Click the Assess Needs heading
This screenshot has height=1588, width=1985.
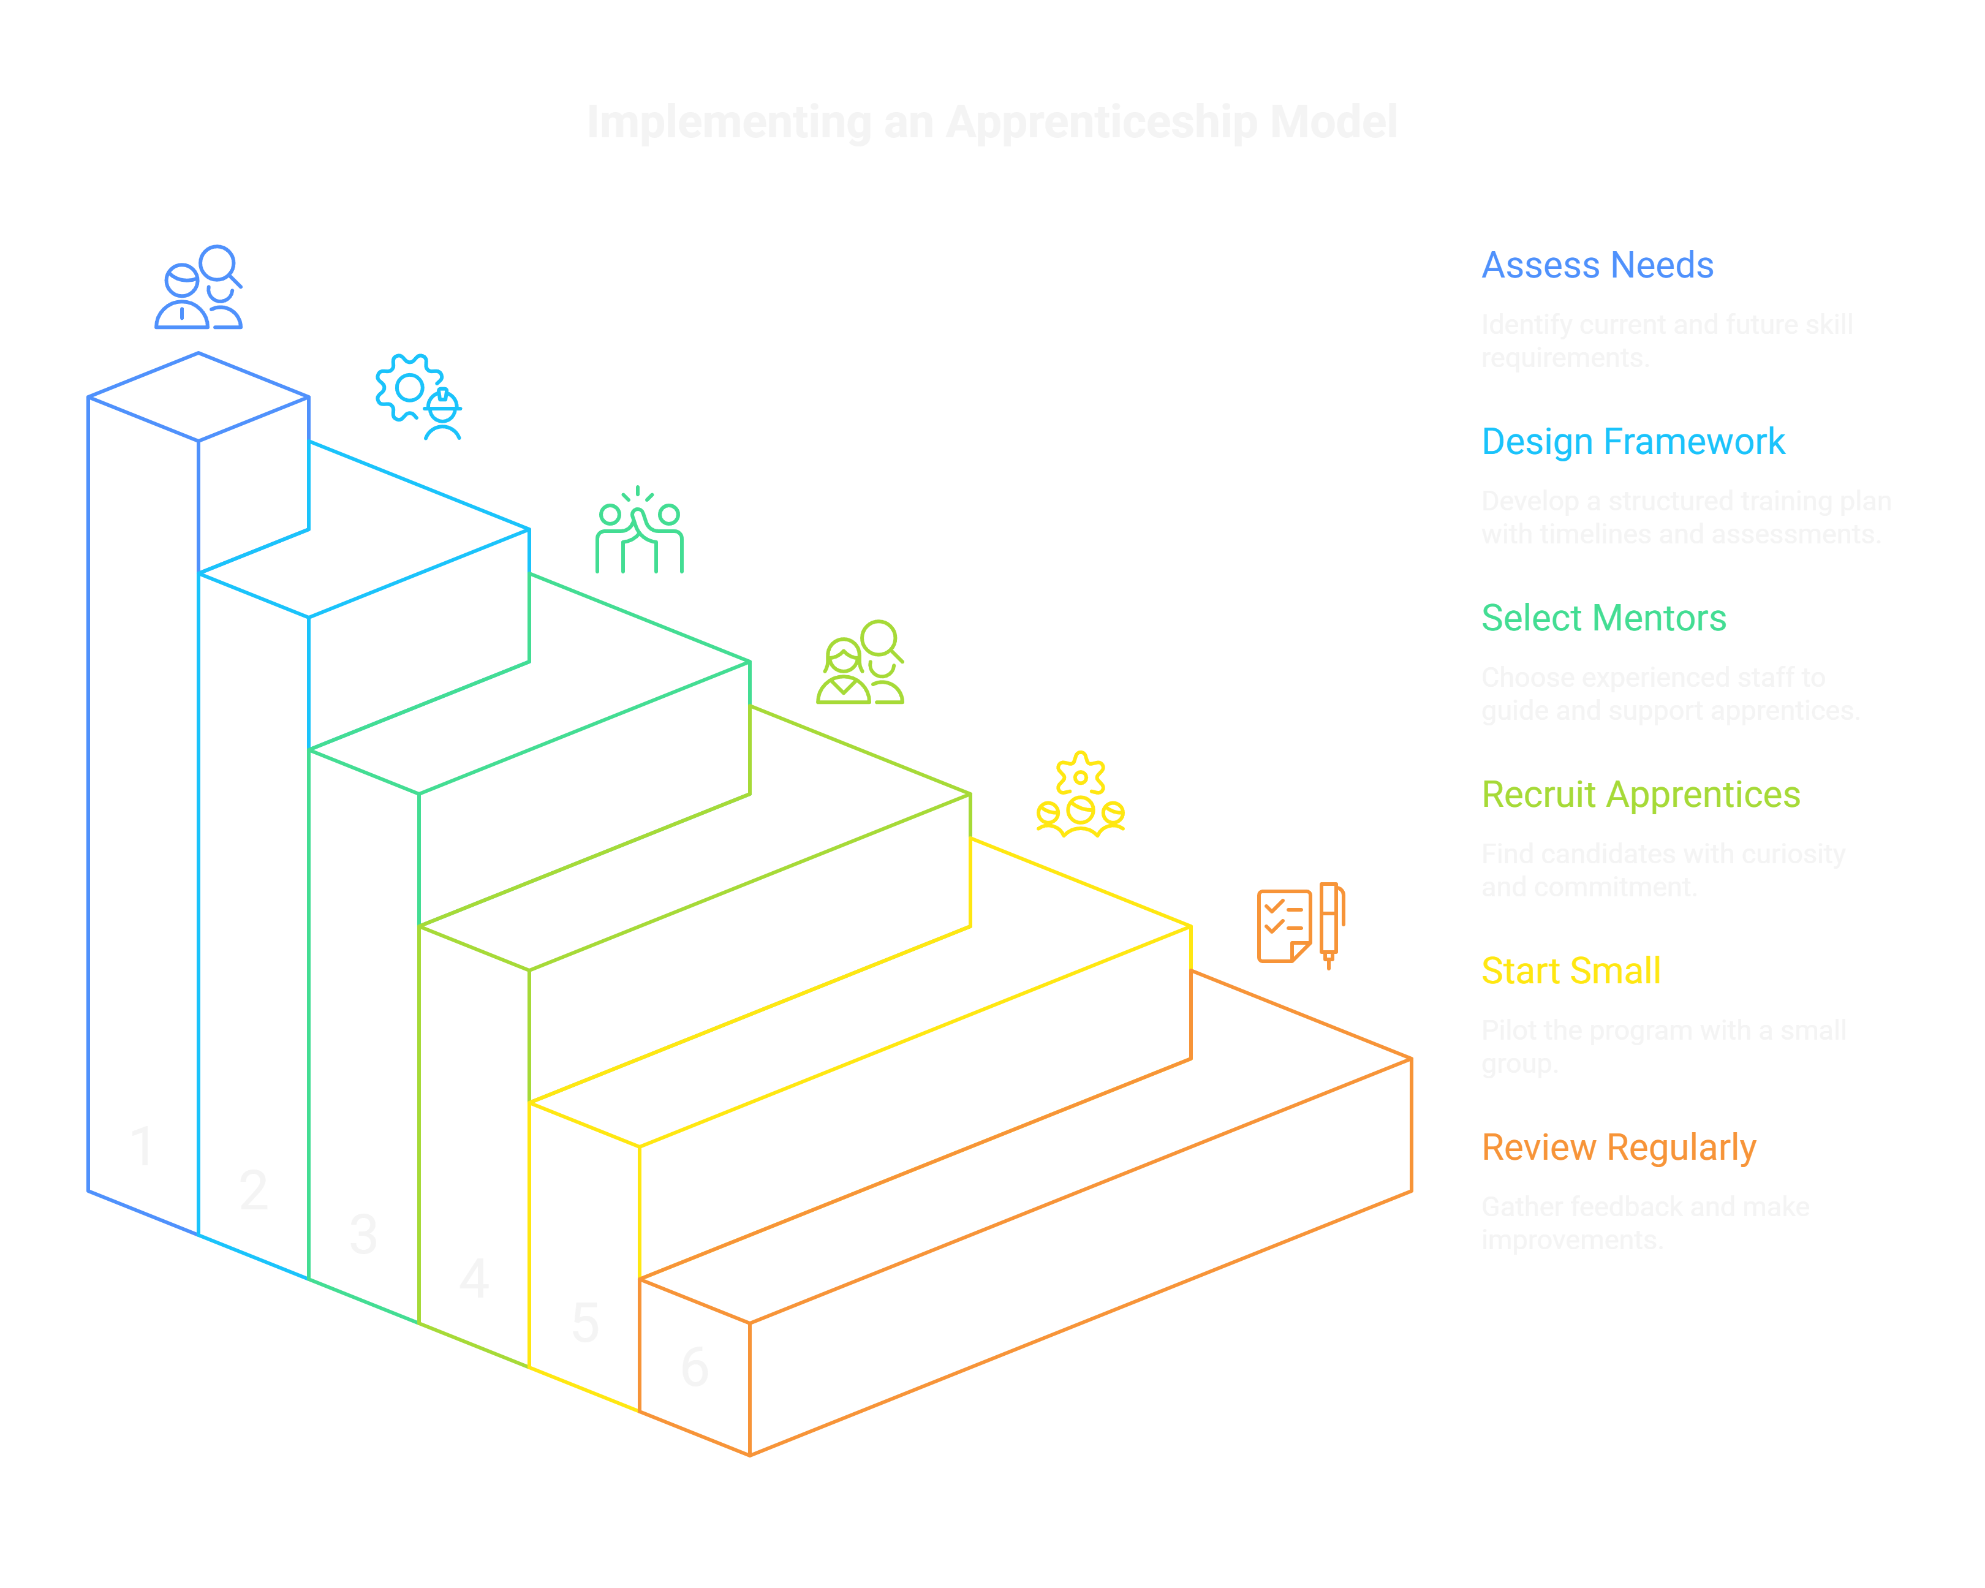(x=1597, y=265)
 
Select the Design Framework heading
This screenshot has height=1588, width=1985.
(x=1632, y=442)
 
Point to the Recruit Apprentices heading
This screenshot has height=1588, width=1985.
(x=1639, y=795)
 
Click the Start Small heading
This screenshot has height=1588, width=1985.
(x=1571, y=971)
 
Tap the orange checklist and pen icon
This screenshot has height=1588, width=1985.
(x=1301, y=925)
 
